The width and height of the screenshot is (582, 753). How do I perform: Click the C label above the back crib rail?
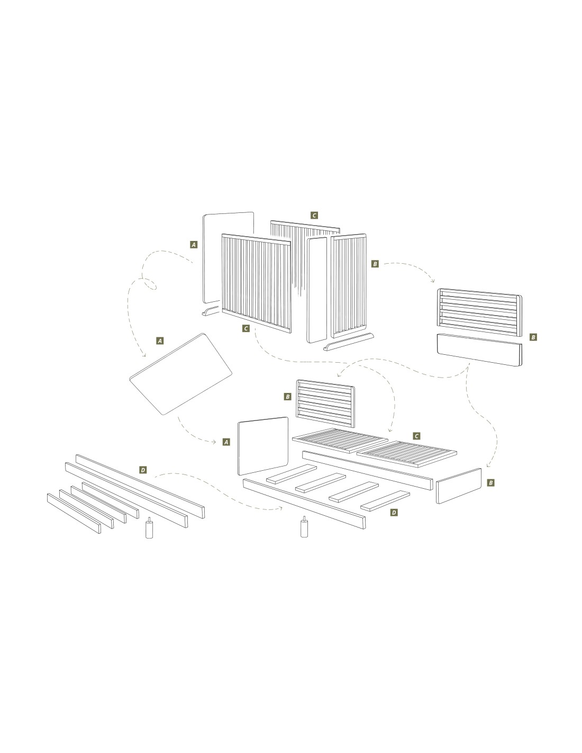(x=314, y=215)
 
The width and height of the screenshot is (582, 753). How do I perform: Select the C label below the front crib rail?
(x=246, y=328)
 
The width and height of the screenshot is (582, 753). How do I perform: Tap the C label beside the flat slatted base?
(x=417, y=436)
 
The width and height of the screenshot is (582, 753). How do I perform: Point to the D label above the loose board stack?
(x=143, y=470)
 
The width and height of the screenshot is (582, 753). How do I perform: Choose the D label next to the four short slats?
(x=394, y=513)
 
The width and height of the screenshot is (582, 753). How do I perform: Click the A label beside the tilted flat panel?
(x=160, y=341)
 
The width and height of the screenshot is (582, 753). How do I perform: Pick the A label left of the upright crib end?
(x=194, y=245)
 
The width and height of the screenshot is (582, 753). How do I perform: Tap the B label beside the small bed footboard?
(x=490, y=483)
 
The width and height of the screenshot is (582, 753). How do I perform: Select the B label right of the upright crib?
(x=375, y=264)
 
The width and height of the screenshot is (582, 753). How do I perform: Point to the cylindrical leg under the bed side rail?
(x=304, y=527)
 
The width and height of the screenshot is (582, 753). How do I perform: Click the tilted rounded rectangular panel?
(x=180, y=374)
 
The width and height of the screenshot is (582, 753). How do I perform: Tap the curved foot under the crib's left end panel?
(x=211, y=311)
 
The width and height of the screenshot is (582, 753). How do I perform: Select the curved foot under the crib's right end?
(x=349, y=342)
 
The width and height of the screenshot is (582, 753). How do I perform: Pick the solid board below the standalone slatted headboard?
(x=479, y=349)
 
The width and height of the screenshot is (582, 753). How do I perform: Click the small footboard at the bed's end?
(x=458, y=486)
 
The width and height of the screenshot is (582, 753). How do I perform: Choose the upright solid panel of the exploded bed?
(x=263, y=446)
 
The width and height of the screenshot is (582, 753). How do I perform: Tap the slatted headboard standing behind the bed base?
(x=325, y=404)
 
